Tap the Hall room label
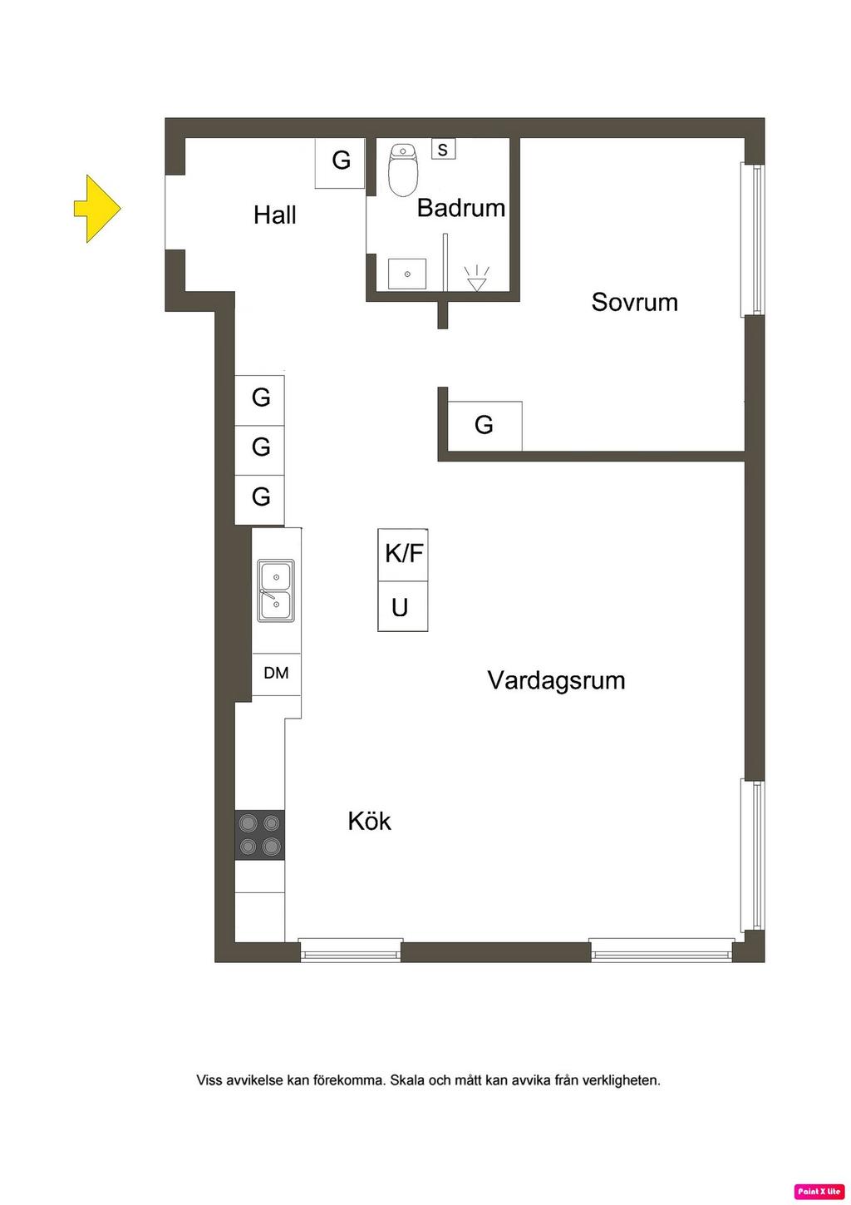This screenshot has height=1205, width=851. click(x=274, y=215)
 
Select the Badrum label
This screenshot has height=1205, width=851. click(x=460, y=208)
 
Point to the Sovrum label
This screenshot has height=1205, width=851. click(x=634, y=302)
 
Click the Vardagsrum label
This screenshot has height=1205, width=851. click(x=556, y=680)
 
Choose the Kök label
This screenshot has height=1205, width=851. click(x=369, y=822)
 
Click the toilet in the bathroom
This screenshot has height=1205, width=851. click(x=403, y=170)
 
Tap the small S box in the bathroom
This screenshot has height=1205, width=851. click(x=443, y=150)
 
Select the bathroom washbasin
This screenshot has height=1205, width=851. click(x=407, y=274)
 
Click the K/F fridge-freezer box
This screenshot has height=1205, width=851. click(x=403, y=554)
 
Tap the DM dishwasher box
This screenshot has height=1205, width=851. click(x=276, y=674)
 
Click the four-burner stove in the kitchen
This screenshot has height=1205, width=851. click(x=260, y=835)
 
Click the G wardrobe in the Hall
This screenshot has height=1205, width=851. click(x=341, y=161)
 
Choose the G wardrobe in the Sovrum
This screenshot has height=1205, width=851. click(x=485, y=426)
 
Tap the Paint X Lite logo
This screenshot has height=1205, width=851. click(x=819, y=1192)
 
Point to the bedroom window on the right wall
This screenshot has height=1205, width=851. click(x=753, y=240)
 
